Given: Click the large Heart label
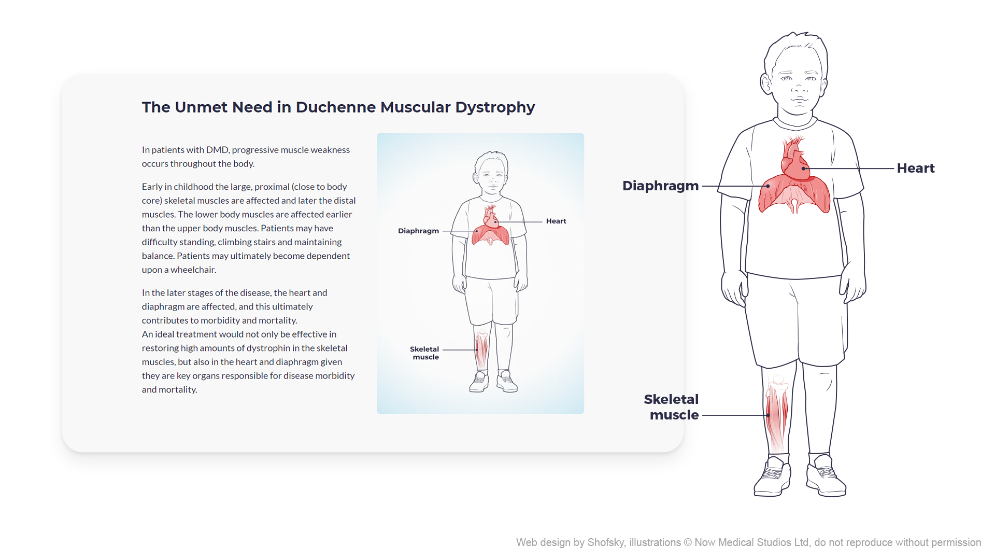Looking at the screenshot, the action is (915, 169).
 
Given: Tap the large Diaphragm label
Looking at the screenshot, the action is (660, 186).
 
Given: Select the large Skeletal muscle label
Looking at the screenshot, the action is (672, 407).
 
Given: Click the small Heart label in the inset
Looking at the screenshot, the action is (556, 221).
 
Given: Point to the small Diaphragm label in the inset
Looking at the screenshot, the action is (418, 231).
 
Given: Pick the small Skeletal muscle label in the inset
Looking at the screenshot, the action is (424, 353).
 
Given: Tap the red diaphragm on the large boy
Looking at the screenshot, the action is (794, 194).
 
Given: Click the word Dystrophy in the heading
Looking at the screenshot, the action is (495, 107).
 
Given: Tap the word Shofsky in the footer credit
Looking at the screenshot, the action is (606, 542).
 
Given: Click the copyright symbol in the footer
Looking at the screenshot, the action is (688, 542).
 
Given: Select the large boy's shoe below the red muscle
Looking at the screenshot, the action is (773, 477).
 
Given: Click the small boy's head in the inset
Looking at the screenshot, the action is (491, 171).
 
